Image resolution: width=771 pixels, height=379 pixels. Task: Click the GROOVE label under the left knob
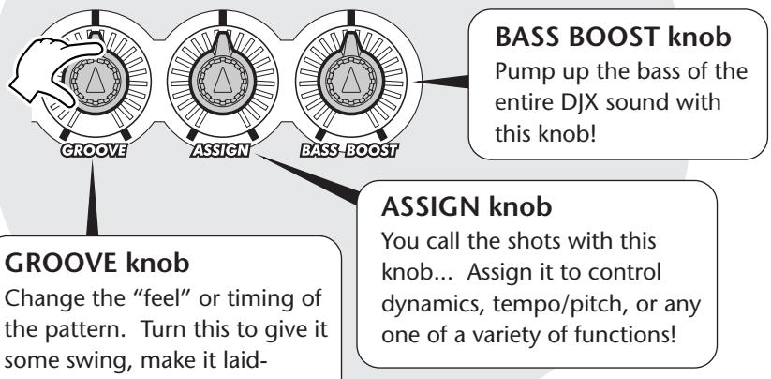click(x=94, y=151)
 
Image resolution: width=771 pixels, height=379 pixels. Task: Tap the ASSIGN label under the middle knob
click(x=220, y=151)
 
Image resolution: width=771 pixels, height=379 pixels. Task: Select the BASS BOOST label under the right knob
click(x=349, y=151)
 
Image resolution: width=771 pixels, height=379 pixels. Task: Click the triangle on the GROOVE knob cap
click(x=95, y=80)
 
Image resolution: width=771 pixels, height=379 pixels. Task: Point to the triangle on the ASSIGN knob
click(x=223, y=80)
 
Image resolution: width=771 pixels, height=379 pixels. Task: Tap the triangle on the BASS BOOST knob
click(x=350, y=80)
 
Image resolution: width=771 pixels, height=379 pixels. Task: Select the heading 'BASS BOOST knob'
click(x=613, y=37)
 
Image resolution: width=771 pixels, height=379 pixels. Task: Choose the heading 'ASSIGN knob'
click(x=467, y=206)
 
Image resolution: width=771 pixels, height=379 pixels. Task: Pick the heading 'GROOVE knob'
click(x=96, y=264)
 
